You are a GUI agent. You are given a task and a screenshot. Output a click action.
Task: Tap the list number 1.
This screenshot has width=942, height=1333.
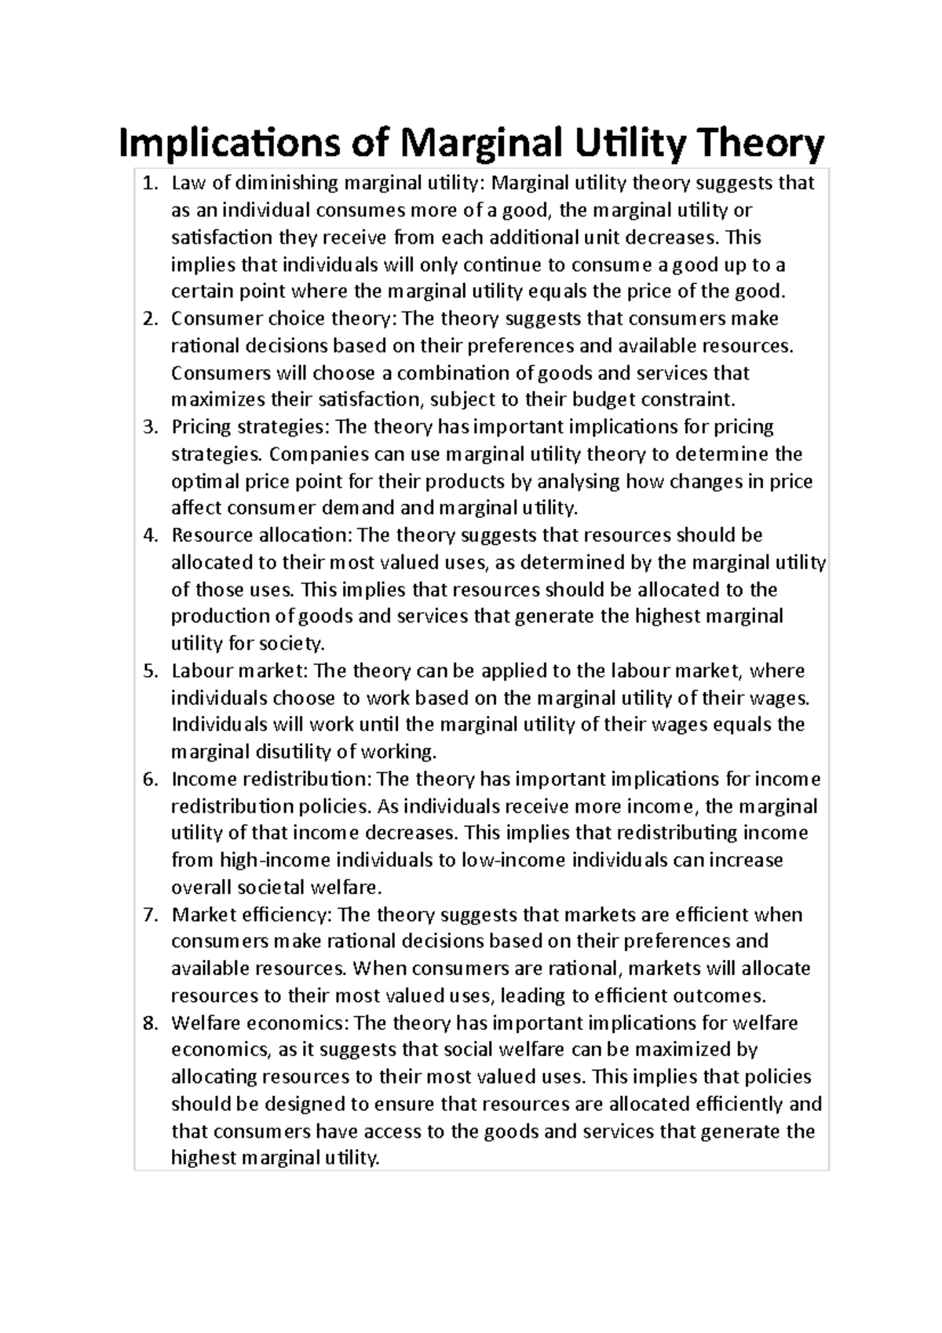click(x=149, y=184)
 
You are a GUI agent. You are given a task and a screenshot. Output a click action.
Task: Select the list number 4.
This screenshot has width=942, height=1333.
click(x=149, y=535)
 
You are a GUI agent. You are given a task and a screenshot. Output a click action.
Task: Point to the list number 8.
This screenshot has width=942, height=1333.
click(x=149, y=1023)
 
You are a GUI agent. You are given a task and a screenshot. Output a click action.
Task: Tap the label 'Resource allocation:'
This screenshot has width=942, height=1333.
click(x=262, y=535)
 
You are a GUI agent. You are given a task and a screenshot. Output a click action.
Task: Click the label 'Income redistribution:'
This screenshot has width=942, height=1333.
click(x=272, y=780)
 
